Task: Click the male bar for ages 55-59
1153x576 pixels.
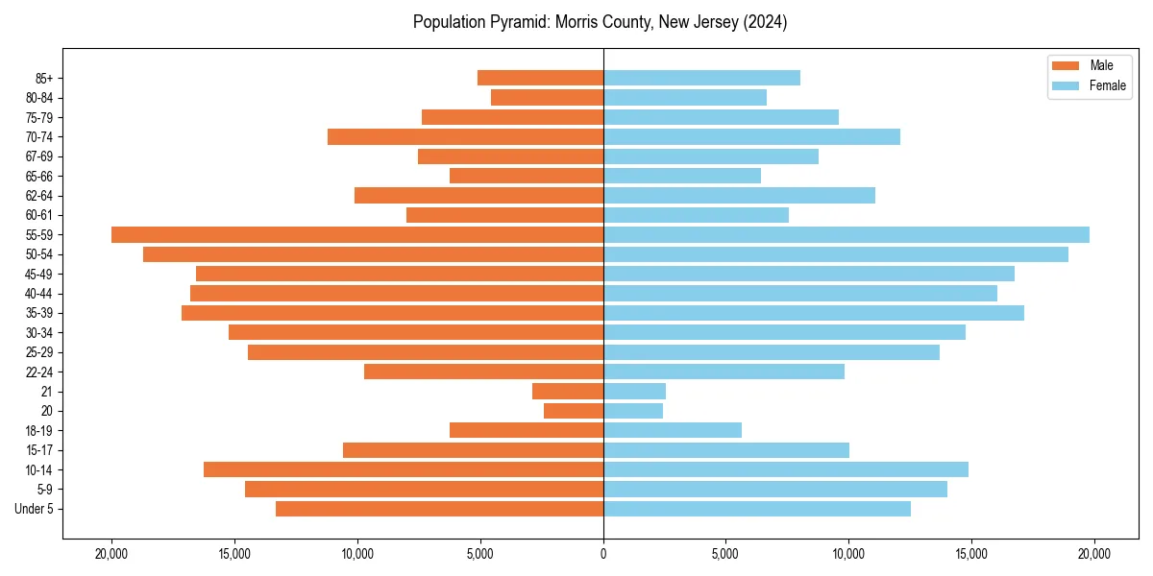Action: (357, 235)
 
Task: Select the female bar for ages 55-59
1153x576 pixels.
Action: (846, 235)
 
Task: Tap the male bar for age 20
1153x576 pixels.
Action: (574, 411)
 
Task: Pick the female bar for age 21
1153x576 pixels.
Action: (634, 392)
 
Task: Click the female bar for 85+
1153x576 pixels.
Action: (701, 78)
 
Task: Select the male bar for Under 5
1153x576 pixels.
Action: (439, 509)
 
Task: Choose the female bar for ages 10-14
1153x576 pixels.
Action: (786, 469)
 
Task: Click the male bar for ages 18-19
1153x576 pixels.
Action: (527, 430)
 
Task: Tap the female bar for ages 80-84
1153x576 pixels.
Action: (685, 98)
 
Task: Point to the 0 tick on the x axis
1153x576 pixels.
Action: (603, 554)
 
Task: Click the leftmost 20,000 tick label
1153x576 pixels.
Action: (112, 554)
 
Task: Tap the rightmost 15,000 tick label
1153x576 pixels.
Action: (971, 554)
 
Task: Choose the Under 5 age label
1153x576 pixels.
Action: (34, 509)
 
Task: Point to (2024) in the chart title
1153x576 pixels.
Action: (765, 22)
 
